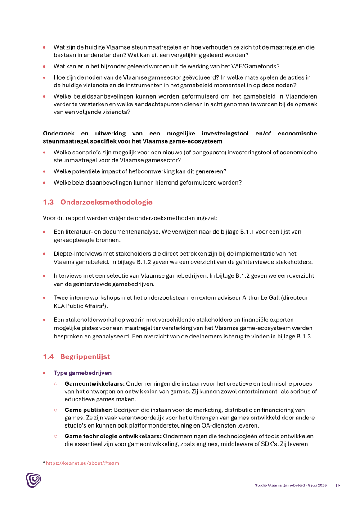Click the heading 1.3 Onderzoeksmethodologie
pos(98,202)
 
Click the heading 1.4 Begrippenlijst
pos(76,356)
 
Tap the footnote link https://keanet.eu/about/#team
pos(82,463)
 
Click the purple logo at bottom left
pos(33,480)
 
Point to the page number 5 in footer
pos(339,485)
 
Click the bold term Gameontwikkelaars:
pos(94,384)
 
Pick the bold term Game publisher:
pos(88,410)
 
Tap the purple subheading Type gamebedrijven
pos(82,373)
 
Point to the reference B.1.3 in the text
pos(304,336)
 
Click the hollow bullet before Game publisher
pos(56,410)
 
